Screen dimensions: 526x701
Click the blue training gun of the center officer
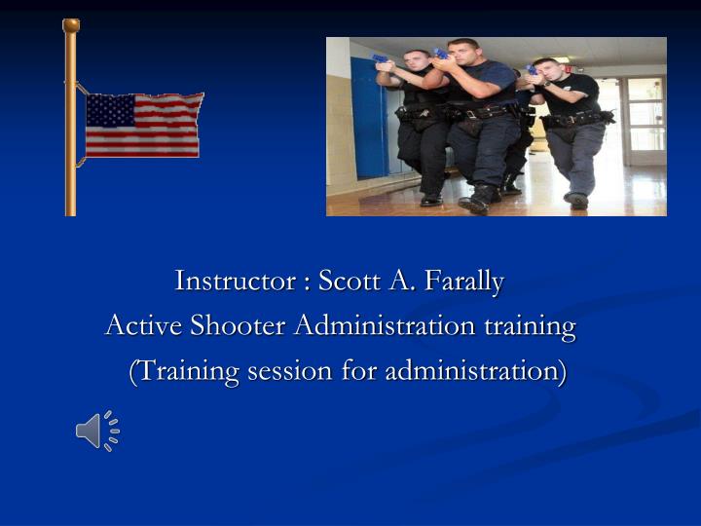441,54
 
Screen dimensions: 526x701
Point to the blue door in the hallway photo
368,117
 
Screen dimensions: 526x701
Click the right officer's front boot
577,201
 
